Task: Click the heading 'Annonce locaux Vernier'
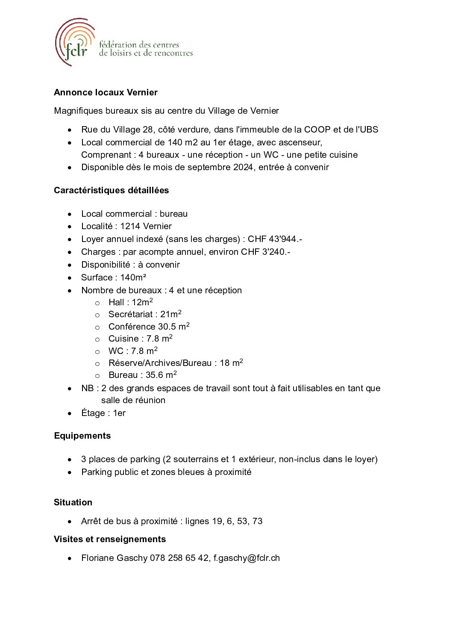(x=106, y=92)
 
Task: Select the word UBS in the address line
(x=369, y=130)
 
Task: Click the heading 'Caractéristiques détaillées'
(x=111, y=190)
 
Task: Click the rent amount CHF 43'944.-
(x=275, y=239)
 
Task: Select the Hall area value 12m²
(x=142, y=302)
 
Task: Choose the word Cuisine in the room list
(x=123, y=339)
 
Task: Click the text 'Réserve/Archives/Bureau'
(x=160, y=363)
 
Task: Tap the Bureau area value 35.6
(x=154, y=375)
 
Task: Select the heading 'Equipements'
(x=82, y=436)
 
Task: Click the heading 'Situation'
(x=73, y=502)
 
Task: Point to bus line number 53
(x=242, y=521)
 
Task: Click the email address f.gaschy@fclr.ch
(x=247, y=558)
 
